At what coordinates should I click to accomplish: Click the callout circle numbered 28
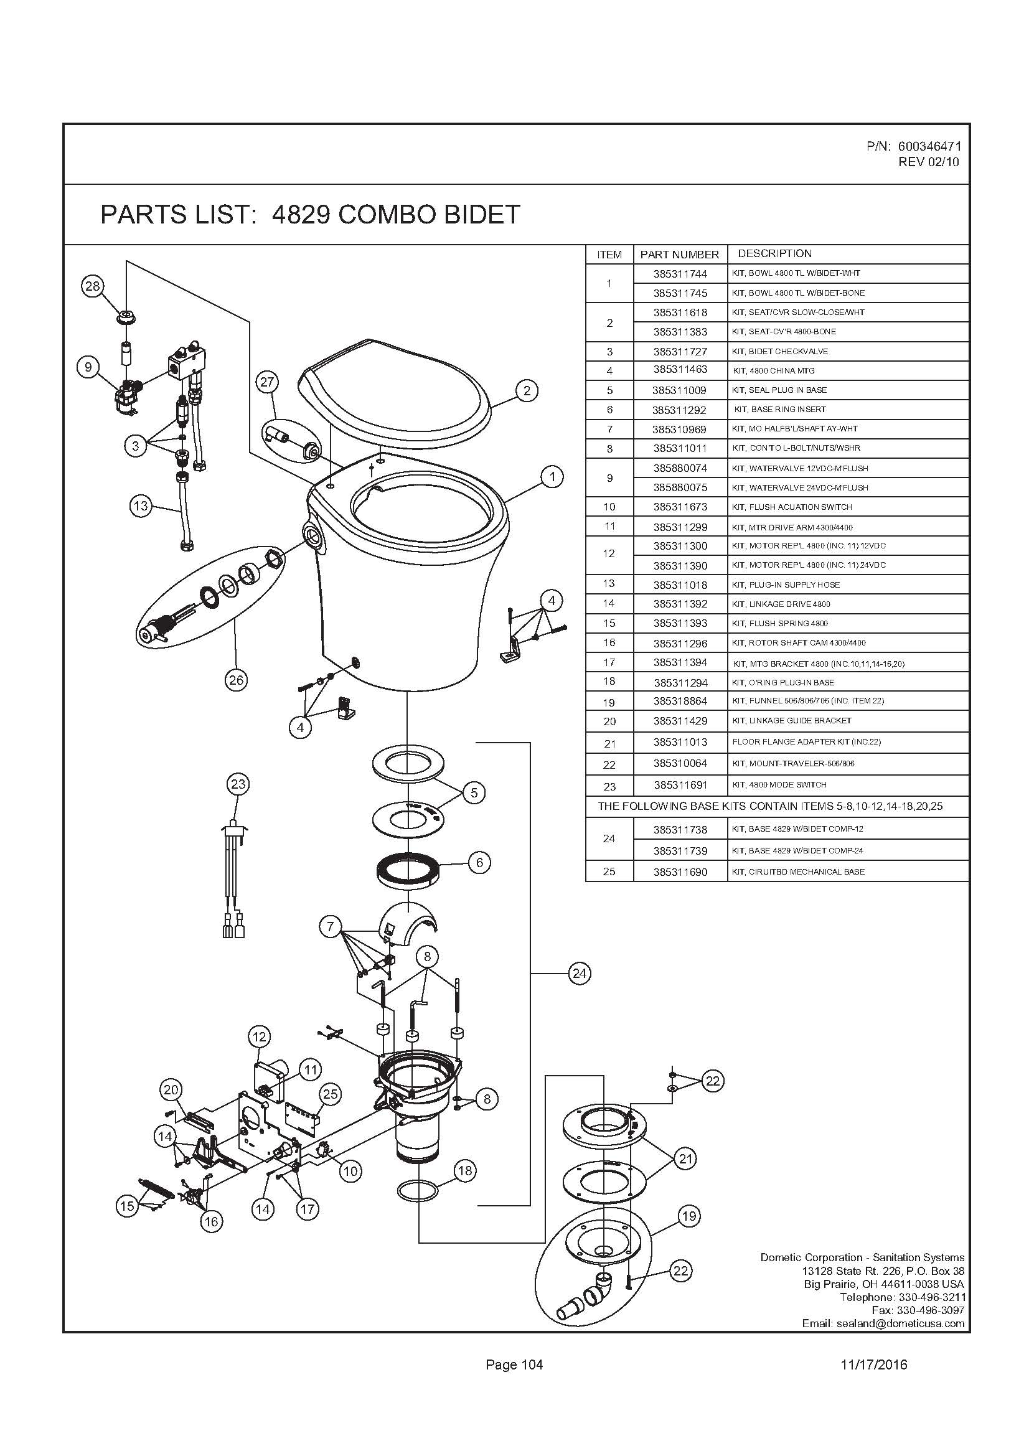(93, 286)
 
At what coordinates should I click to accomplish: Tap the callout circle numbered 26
(236, 680)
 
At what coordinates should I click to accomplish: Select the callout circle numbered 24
(580, 974)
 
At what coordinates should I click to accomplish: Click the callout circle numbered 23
(238, 784)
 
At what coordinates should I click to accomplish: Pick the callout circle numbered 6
(479, 862)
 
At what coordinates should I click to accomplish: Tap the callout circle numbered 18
(466, 1171)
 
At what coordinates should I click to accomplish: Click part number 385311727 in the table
(680, 351)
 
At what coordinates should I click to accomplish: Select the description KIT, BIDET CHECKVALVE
(780, 351)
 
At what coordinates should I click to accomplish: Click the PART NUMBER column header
(680, 255)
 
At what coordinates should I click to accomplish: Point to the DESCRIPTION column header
(774, 253)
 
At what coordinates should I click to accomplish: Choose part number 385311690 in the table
(680, 872)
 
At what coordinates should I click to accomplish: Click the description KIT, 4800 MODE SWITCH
(779, 785)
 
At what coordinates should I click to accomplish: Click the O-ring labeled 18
(417, 1191)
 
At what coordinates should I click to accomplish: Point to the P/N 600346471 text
(914, 146)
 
